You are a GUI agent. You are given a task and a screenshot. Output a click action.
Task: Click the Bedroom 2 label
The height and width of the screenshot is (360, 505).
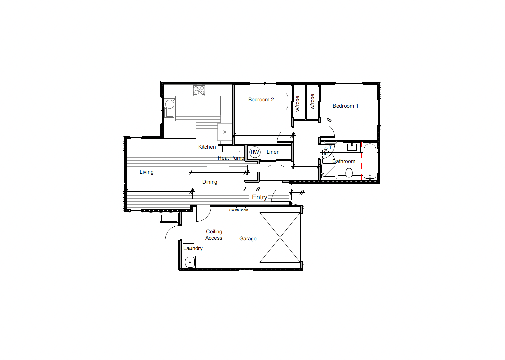pyautogui.click(x=261, y=100)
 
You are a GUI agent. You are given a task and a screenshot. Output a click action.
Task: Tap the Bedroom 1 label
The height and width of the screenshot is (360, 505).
pyautogui.click(x=345, y=106)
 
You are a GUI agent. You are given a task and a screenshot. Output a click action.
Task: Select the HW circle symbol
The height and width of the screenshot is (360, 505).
pyautogui.click(x=255, y=152)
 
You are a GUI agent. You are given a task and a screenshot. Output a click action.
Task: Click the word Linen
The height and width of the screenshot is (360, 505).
pyautogui.click(x=273, y=152)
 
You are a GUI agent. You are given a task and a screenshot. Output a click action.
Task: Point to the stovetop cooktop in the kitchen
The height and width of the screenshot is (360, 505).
pyautogui.click(x=199, y=90)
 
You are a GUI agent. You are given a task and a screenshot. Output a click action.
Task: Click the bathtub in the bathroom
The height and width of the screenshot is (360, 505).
pyautogui.click(x=370, y=161)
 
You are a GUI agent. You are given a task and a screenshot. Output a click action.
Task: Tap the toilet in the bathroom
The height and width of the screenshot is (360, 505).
pyautogui.click(x=349, y=174)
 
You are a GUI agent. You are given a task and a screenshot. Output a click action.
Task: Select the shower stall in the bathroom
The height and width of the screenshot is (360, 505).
pyautogui.click(x=329, y=171)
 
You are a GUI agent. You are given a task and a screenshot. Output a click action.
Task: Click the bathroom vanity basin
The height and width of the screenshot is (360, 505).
pyautogui.click(x=352, y=148)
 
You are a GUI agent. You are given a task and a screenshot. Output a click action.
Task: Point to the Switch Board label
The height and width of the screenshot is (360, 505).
pyautogui.click(x=239, y=210)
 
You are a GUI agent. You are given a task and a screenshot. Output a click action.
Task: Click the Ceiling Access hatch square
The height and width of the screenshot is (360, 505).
pyautogui.click(x=217, y=222)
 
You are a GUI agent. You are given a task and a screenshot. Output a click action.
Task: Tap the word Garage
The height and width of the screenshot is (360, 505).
pyautogui.click(x=248, y=239)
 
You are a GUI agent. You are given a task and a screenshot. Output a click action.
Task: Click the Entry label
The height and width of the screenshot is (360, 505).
pyautogui.click(x=260, y=197)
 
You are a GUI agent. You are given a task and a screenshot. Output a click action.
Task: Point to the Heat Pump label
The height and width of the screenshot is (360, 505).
pyautogui.click(x=231, y=158)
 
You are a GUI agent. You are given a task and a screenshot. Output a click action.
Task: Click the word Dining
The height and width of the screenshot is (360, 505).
pyautogui.click(x=210, y=182)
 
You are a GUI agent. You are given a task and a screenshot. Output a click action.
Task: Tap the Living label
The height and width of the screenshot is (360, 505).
pyautogui.click(x=146, y=172)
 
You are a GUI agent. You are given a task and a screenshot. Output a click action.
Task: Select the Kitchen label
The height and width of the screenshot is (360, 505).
pyautogui.click(x=207, y=147)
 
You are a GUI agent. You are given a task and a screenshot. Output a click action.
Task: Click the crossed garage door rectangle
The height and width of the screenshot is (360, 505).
pyautogui.click(x=280, y=238)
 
